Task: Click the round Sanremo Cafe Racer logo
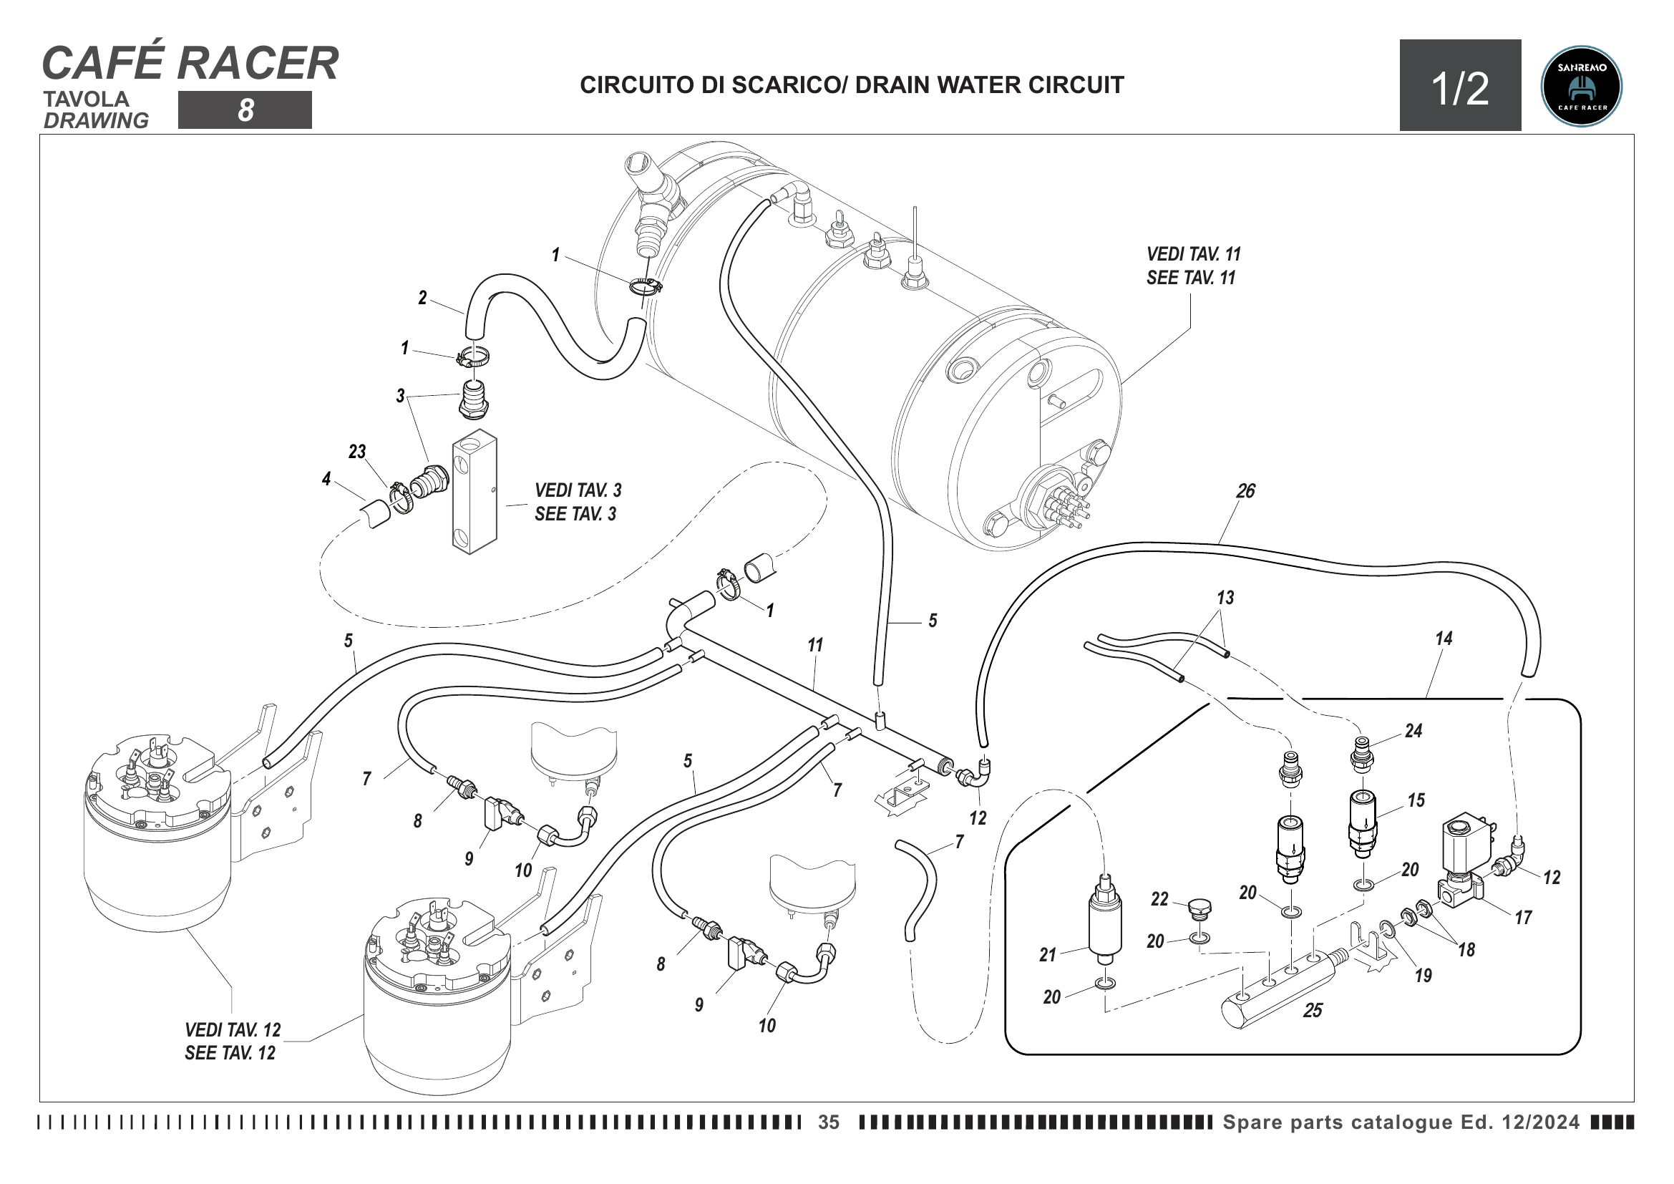point(1581,86)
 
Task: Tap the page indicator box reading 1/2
point(1459,86)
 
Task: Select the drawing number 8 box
point(245,110)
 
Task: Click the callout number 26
point(1245,491)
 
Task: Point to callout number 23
point(356,452)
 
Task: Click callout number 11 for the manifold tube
point(815,645)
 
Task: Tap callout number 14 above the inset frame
point(1444,639)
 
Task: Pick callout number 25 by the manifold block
point(1313,1011)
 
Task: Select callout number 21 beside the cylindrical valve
point(1048,955)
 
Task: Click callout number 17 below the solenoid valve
point(1523,918)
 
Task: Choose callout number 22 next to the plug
point(1159,899)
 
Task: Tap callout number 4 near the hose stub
point(326,479)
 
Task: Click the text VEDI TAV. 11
point(1193,254)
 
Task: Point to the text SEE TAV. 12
point(230,1054)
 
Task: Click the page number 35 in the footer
point(828,1122)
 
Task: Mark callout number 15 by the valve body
point(1416,800)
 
